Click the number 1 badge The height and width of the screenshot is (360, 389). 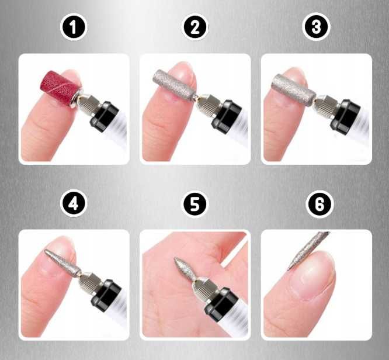coord(74,27)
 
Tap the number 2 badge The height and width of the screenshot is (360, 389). coord(195,27)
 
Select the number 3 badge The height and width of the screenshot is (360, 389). coord(316,27)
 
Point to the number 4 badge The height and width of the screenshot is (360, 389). coord(74,204)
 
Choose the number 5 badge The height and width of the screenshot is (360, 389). coord(195,204)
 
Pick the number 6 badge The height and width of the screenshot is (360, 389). coord(316,204)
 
